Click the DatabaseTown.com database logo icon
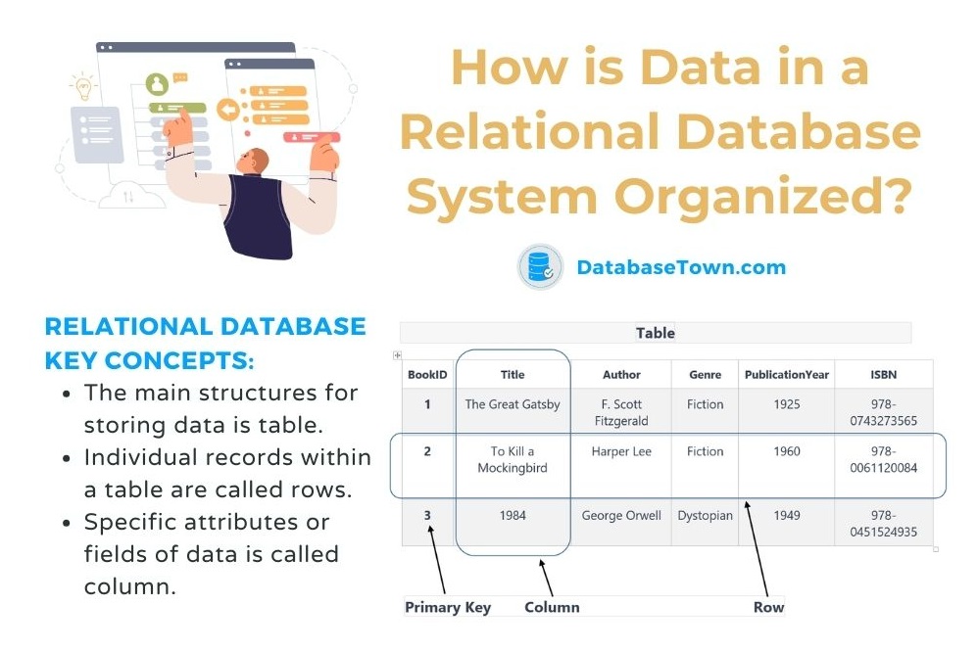point(540,267)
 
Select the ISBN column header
point(883,374)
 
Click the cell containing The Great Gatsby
point(513,404)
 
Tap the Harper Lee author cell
point(621,451)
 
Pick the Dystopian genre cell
point(705,515)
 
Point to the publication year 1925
point(786,404)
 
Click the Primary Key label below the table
point(448,607)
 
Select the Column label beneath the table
point(552,607)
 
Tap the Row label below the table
point(768,607)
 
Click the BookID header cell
point(427,374)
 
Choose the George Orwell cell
point(621,515)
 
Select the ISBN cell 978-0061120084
point(883,459)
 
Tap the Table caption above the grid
point(655,333)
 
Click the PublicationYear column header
point(786,374)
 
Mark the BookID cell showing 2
point(427,451)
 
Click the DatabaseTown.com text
point(680,267)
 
